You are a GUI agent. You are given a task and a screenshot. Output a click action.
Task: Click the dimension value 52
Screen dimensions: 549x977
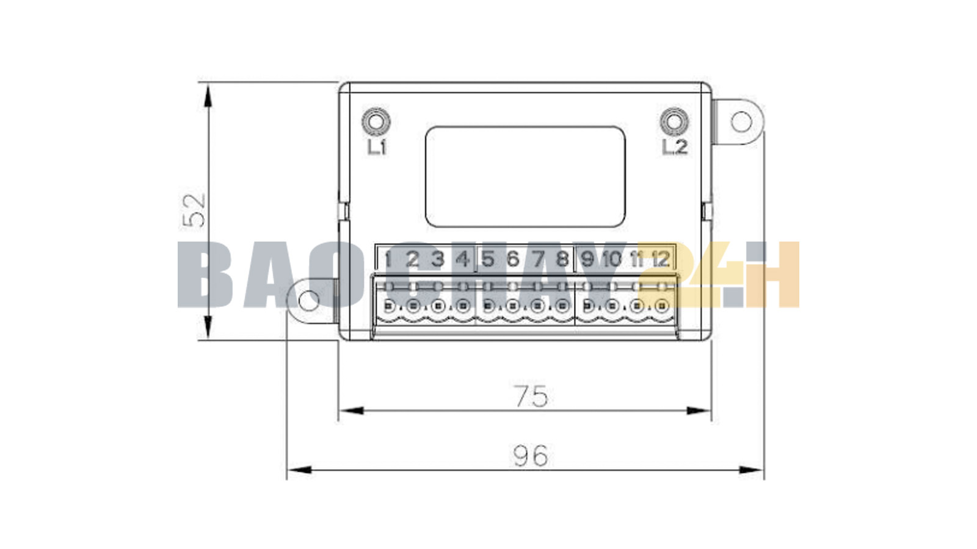(x=195, y=210)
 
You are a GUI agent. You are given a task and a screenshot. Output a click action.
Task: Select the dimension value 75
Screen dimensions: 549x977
(x=531, y=396)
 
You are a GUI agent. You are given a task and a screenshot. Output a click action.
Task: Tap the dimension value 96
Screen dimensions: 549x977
(x=530, y=456)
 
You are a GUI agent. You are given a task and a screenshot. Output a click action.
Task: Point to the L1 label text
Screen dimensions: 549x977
(x=377, y=146)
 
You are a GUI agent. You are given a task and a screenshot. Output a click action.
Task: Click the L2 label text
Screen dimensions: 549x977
(x=675, y=146)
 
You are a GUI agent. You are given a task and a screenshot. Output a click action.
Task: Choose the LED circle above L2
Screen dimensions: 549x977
(x=674, y=121)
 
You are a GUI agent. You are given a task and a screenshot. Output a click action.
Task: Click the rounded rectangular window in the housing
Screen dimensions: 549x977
(x=525, y=176)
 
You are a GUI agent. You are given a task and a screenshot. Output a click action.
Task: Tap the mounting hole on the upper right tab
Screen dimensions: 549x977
(x=741, y=122)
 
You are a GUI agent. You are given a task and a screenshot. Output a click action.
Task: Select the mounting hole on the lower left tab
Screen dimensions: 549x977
(x=310, y=300)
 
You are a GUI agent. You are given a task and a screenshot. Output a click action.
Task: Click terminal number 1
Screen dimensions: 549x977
(x=388, y=259)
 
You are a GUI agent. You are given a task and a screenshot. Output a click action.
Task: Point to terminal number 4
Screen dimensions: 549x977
(x=463, y=259)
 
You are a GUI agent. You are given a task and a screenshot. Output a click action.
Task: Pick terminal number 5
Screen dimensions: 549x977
(x=487, y=259)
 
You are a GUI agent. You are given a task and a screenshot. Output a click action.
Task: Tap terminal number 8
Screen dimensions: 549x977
(x=562, y=259)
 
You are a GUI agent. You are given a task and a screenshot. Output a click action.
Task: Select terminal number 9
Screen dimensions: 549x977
(x=587, y=259)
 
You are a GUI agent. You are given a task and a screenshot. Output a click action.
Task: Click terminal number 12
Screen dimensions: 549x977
(x=661, y=259)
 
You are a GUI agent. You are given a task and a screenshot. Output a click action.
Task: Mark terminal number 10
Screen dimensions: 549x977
(x=611, y=259)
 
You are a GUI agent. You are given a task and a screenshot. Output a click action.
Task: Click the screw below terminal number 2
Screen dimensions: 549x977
(x=413, y=306)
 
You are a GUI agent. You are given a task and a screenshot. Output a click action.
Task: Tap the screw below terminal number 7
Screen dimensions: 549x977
(x=537, y=306)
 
